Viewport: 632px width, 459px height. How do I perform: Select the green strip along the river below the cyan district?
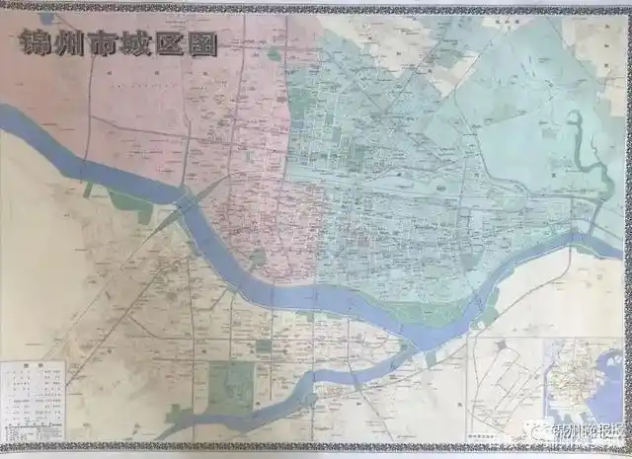pyautogui.click(x=434, y=315)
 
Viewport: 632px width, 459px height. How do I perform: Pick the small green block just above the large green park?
pyautogui.click(x=263, y=346)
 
